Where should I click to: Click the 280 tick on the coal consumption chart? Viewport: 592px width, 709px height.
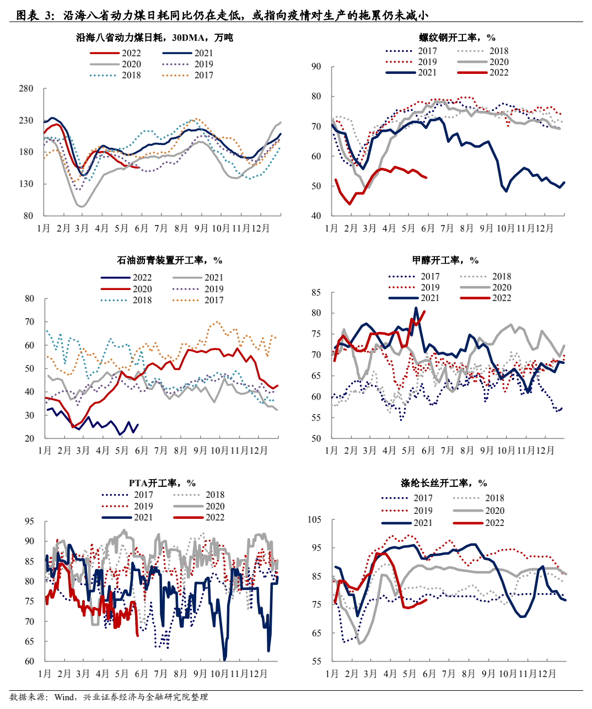click(x=26, y=89)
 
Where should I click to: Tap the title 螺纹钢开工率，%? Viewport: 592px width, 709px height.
click(x=457, y=37)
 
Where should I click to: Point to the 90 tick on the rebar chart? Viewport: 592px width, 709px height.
click(x=316, y=67)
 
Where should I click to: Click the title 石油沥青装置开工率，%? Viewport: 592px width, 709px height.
click(x=169, y=260)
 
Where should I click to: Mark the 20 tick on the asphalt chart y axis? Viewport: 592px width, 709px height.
click(x=29, y=439)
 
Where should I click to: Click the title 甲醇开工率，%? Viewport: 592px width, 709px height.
click(x=445, y=260)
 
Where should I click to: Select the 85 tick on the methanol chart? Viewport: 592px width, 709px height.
click(x=316, y=293)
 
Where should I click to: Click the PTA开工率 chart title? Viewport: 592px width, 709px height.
click(x=162, y=483)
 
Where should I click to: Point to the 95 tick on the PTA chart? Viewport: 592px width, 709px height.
click(x=29, y=522)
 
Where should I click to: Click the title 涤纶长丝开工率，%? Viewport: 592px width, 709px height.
click(x=444, y=483)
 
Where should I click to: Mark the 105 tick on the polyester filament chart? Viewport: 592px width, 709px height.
click(x=314, y=520)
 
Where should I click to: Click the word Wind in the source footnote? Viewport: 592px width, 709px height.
click(x=64, y=697)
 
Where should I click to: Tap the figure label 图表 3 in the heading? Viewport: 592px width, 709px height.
click(x=32, y=15)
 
